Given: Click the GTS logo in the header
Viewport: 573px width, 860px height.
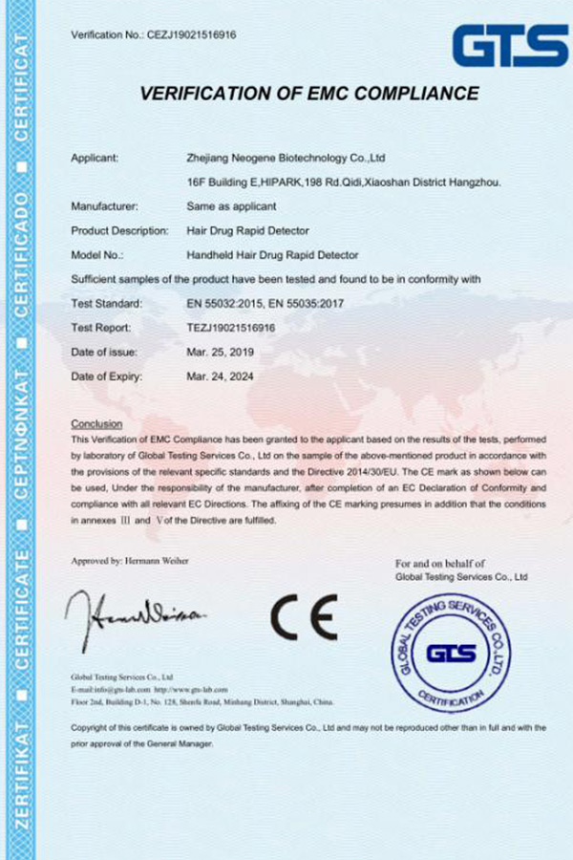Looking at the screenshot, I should click(509, 45).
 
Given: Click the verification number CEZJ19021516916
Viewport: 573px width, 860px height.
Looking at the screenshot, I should click(190, 35).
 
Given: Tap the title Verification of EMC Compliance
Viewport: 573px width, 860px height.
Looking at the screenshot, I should click(308, 94).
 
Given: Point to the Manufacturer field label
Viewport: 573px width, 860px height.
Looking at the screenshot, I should click(105, 205).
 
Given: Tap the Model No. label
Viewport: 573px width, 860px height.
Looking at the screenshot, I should click(98, 255).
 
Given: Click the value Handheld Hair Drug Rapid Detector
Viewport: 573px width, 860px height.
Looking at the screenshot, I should click(273, 255).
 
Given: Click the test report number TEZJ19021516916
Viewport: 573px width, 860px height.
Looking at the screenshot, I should click(231, 327).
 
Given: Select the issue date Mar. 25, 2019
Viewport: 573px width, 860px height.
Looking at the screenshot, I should click(220, 352).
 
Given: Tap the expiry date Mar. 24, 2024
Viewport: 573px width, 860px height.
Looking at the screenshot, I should click(220, 376).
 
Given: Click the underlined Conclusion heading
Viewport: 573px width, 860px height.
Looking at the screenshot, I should click(96, 423).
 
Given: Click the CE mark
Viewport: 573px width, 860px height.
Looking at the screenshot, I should click(303, 617).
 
